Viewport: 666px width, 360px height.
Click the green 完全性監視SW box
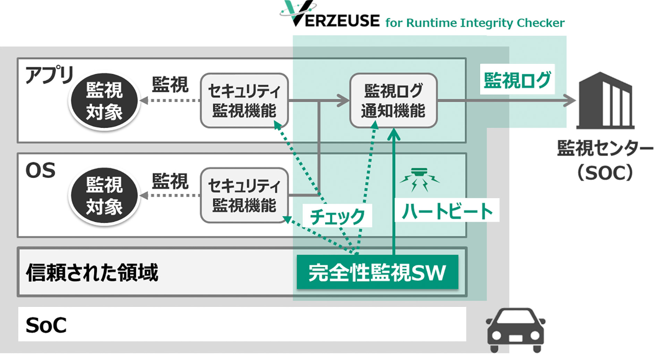pos(377,272)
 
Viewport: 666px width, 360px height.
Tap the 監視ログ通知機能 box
pos(393,101)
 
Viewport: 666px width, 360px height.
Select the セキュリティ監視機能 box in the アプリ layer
pos(244,101)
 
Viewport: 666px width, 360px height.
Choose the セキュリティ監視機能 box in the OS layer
pos(244,195)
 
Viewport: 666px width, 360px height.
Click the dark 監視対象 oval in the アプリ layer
pos(104,101)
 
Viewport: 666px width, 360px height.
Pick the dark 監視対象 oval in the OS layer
pos(104,196)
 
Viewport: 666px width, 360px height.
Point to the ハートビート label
pos(447,211)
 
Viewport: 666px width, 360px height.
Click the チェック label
pos(337,216)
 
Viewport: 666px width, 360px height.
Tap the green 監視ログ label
pos(517,79)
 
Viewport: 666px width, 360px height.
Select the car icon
pos(515,330)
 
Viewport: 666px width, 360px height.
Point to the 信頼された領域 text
pos(92,272)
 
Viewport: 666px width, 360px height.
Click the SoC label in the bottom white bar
pos(46,325)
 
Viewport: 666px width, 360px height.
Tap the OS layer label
pos(41,170)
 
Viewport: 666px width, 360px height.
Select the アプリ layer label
pos(49,75)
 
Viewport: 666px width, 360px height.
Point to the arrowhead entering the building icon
pos(571,101)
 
